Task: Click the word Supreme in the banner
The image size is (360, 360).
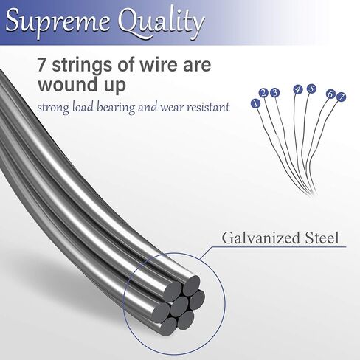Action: pos(58,21)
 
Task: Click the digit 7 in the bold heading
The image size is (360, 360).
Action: pos(42,65)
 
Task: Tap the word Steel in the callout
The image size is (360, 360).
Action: pos(322,238)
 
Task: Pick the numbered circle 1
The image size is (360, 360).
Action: pos(256,103)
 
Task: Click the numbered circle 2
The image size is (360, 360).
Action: pos(264,93)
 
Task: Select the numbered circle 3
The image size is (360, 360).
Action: pos(274,93)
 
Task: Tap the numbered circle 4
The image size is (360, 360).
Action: pos(298,89)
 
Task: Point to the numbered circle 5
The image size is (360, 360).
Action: pos(311,89)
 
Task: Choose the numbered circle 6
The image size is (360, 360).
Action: pos(330,94)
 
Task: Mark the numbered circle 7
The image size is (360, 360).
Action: pos(341,97)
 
